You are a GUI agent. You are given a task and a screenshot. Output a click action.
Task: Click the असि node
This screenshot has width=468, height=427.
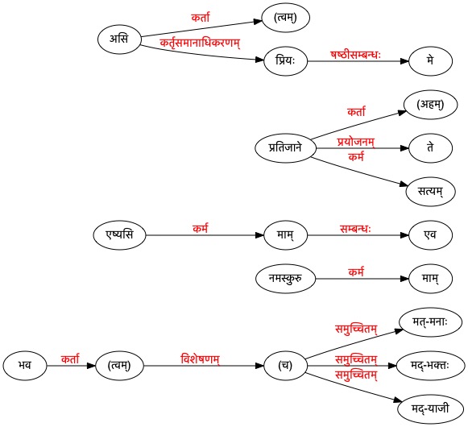click(x=119, y=39)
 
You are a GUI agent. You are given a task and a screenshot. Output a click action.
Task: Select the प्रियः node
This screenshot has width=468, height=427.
click(x=285, y=61)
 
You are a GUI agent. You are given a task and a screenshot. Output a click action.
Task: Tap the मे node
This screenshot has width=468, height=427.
click(x=430, y=61)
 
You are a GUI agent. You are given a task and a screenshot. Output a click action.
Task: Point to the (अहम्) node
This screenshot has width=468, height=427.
click(x=430, y=105)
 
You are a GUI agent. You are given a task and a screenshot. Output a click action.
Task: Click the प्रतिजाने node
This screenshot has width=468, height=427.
click(x=285, y=148)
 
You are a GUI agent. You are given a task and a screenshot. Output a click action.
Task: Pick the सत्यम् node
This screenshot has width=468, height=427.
click(x=430, y=192)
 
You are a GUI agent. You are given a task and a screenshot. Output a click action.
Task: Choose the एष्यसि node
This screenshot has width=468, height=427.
click(x=119, y=235)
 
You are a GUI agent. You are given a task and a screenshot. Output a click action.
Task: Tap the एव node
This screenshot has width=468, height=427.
click(x=430, y=235)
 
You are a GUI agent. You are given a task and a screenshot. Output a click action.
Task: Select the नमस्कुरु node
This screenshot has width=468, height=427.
click(x=285, y=279)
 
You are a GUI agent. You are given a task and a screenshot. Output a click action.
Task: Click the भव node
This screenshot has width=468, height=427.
click(x=25, y=366)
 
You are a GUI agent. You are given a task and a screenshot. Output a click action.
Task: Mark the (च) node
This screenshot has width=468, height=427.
click(x=285, y=366)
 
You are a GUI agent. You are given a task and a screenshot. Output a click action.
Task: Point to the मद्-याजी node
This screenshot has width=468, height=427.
click(x=430, y=408)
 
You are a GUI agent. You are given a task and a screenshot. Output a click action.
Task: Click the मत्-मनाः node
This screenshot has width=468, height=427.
click(x=430, y=322)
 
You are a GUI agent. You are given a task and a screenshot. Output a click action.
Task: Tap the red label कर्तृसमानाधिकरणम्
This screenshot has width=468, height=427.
click(x=200, y=44)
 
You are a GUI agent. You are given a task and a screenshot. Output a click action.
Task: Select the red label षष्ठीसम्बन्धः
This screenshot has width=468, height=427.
click(x=355, y=55)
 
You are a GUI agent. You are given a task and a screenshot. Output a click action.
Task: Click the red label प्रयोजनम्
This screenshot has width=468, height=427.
click(x=356, y=142)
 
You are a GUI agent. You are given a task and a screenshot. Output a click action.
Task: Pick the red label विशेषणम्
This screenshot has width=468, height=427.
click(x=201, y=359)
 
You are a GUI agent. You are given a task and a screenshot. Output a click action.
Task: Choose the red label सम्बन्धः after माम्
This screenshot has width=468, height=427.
click(x=355, y=229)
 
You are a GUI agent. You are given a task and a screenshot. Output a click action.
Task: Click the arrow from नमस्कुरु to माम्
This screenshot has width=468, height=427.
click(x=362, y=279)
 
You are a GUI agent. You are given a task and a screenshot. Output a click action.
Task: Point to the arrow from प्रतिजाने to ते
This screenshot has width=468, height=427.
click(x=362, y=148)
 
